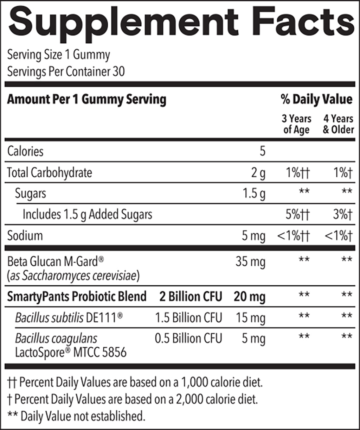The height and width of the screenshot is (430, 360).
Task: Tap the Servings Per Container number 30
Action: coord(118,72)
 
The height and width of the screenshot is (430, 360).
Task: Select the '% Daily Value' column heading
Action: coord(316,100)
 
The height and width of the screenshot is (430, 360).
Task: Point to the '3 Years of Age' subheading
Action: coord(296,124)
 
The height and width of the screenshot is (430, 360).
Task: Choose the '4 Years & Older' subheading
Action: coord(338,124)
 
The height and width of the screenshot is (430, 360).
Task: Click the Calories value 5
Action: coord(262,151)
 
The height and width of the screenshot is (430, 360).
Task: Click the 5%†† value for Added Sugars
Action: coord(297,214)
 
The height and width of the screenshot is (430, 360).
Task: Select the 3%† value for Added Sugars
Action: coord(342,214)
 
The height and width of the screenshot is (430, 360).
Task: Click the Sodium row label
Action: coord(25,235)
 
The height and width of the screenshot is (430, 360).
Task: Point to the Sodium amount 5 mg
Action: coord(253,236)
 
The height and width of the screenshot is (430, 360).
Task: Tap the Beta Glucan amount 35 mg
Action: coord(250,262)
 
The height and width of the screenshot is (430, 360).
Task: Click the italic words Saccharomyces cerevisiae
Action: coord(79,276)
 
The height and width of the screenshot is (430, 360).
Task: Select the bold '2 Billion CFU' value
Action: coord(191,297)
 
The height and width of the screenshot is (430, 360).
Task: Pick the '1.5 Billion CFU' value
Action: coord(188,318)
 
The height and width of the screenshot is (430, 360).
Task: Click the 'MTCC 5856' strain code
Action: coord(99,352)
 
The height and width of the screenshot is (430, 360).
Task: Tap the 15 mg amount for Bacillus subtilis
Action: coord(250,318)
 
